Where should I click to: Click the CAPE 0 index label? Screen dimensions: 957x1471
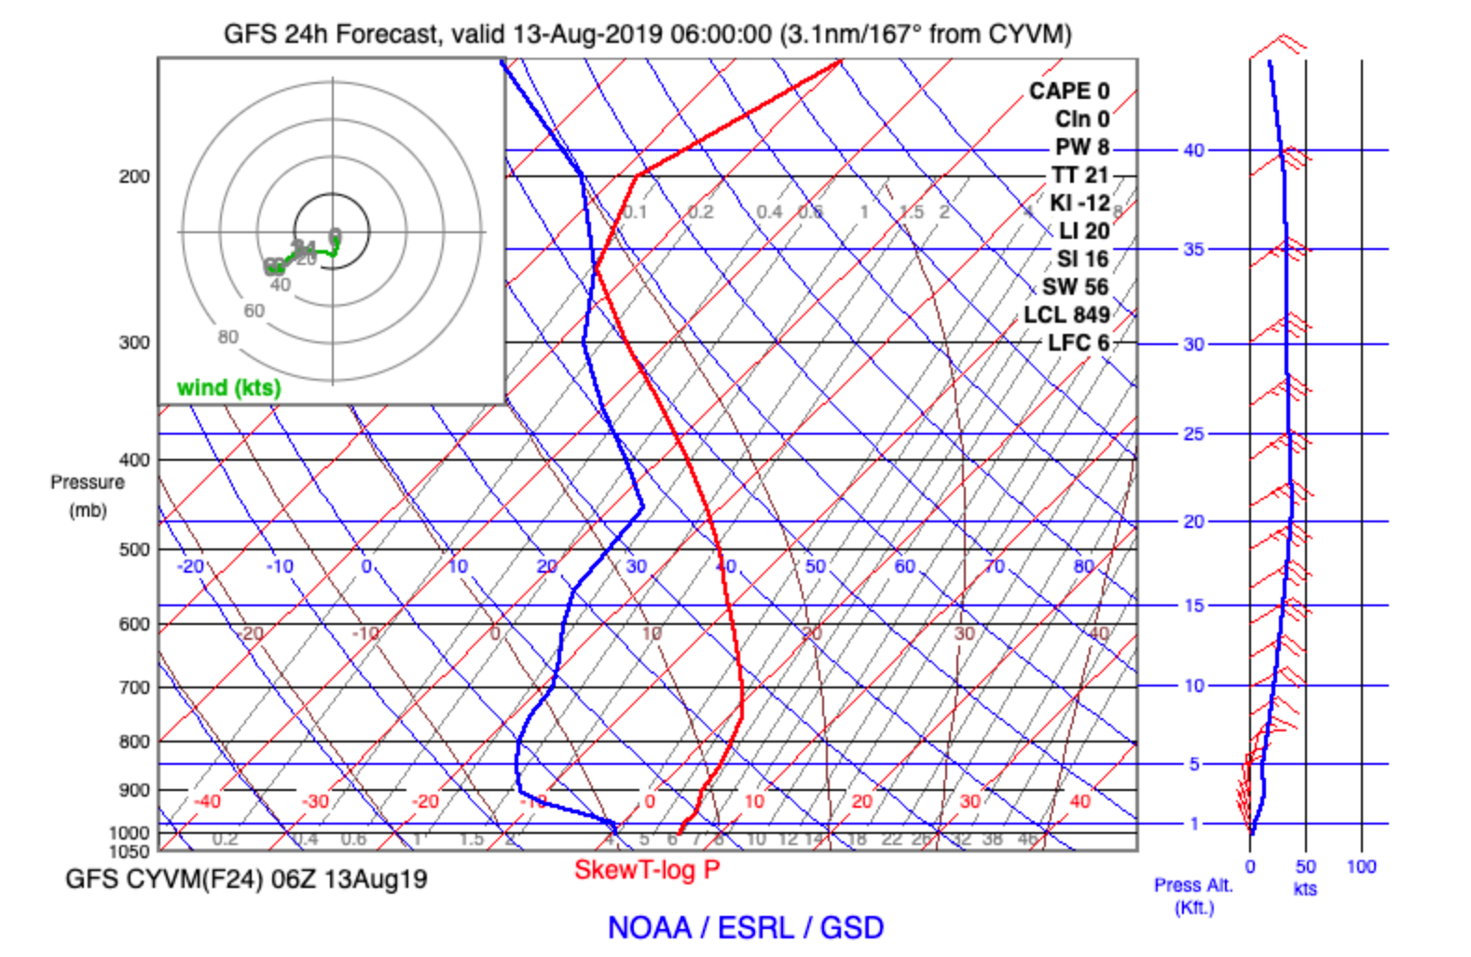pyautogui.click(x=1068, y=90)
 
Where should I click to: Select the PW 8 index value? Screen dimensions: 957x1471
pyautogui.click(x=1081, y=146)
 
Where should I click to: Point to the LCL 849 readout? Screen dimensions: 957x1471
pyautogui.click(x=1066, y=314)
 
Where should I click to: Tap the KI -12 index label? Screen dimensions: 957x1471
pyautogui.click(x=1079, y=202)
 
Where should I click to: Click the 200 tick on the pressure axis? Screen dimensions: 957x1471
pyautogui.click(x=133, y=176)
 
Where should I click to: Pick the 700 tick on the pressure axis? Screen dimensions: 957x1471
pyautogui.click(x=133, y=687)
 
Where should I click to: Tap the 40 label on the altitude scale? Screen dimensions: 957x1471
pyautogui.click(x=1193, y=150)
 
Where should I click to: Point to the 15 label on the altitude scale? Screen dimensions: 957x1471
pyautogui.click(x=1193, y=605)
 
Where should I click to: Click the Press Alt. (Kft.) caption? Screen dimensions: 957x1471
pyautogui.click(x=1193, y=895)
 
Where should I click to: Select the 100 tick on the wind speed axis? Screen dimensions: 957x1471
pyautogui.click(x=1361, y=867)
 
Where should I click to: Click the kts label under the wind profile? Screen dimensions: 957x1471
pyautogui.click(x=1305, y=889)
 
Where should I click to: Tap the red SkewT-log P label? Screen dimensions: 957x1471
pyautogui.click(x=647, y=869)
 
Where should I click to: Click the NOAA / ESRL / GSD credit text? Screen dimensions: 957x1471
pyautogui.click(x=745, y=927)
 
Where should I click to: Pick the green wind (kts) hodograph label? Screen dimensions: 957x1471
pyautogui.click(x=228, y=387)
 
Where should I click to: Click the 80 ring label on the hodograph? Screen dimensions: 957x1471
pyautogui.click(x=227, y=337)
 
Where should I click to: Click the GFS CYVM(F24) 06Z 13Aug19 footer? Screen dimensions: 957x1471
pyautogui.click(x=246, y=879)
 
